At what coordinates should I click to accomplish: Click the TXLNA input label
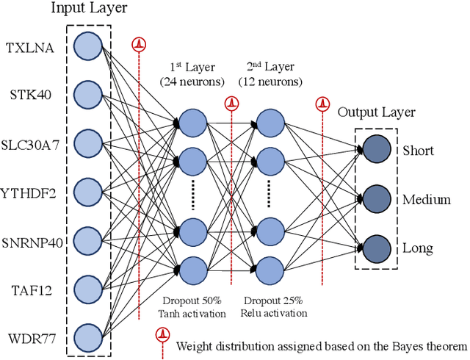click(29, 48)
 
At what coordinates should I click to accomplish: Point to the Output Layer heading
click(376, 112)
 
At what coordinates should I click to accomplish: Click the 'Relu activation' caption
click(273, 313)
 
